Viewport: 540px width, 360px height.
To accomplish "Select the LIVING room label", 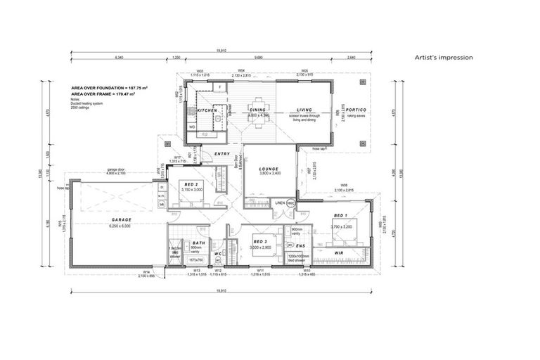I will coord(304,110).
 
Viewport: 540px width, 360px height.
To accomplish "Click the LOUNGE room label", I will coord(270,169).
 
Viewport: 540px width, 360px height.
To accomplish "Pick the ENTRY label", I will coord(222,153).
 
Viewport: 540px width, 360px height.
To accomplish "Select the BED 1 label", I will coord(341,215).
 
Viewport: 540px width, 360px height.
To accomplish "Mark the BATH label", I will coord(198,242).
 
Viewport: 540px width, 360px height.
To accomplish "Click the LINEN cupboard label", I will coord(279,202).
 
